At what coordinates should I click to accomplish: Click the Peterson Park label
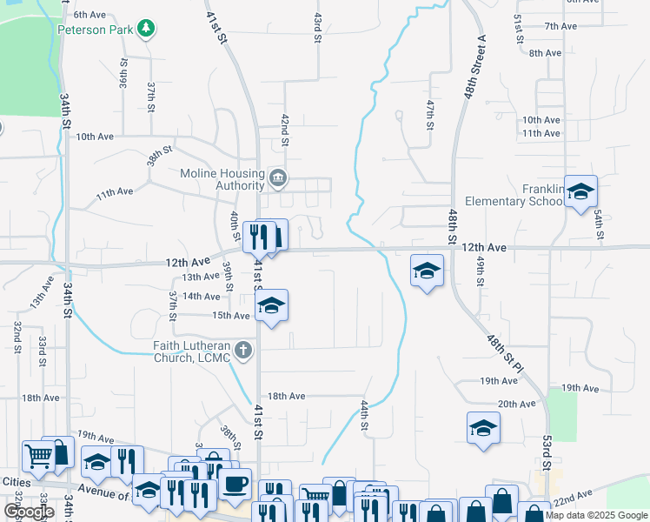point(94,29)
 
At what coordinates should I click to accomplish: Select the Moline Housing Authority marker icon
point(277,178)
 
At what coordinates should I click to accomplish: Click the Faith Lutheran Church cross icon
point(244,351)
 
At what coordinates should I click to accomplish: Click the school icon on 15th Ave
point(272,305)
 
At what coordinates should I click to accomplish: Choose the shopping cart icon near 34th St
point(37,454)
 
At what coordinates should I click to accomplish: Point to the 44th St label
point(366,416)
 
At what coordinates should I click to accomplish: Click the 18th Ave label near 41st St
point(286,396)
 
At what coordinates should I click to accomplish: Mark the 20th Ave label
point(516,404)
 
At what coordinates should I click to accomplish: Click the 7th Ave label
point(560,26)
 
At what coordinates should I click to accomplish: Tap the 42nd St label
point(283,128)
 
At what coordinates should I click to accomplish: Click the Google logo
point(29,512)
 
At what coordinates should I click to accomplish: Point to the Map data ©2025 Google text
point(596,515)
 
